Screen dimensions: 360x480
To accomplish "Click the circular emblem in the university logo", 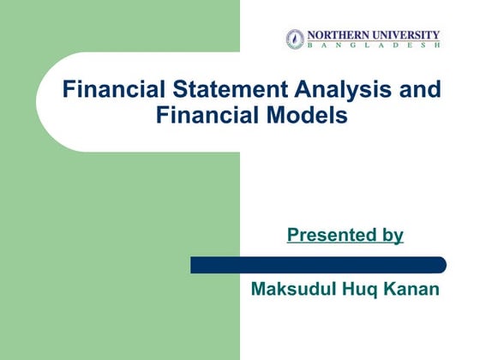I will tap(295, 39).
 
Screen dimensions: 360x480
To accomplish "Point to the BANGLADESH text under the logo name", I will tap(373, 45).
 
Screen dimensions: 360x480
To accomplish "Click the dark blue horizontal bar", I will tap(317, 265).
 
